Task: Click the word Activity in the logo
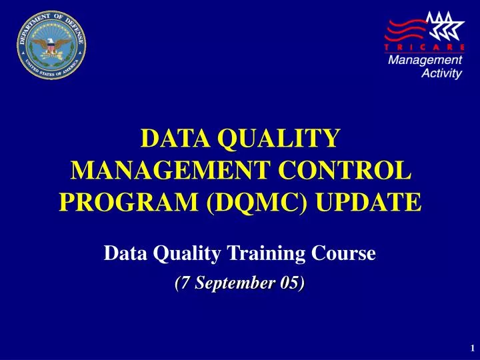[x=441, y=74]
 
